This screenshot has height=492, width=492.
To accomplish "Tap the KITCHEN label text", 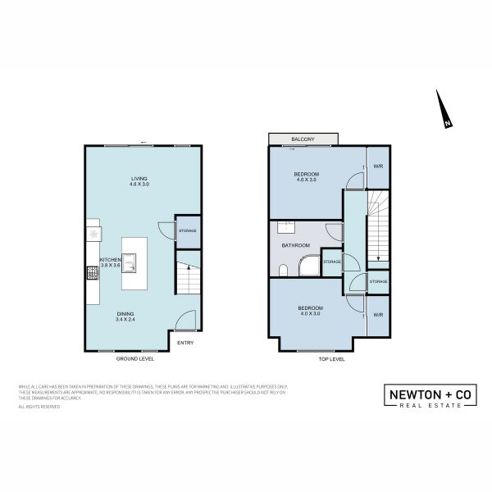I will pyautogui.click(x=110, y=260).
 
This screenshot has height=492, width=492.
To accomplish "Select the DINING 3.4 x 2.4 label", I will pyautogui.click(x=125, y=317).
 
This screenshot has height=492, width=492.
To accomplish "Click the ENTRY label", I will pyautogui.click(x=185, y=343).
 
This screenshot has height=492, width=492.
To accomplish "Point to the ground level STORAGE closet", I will pyautogui.click(x=188, y=232).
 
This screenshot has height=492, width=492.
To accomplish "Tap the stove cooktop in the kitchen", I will pyautogui.click(x=93, y=273).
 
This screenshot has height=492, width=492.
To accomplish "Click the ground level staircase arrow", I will pyautogui.click(x=186, y=268).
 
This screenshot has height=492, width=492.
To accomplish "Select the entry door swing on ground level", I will pyautogui.click(x=186, y=319).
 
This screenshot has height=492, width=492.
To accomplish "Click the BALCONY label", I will pyautogui.click(x=302, y=139).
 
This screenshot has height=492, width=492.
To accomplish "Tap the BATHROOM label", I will pyautogui.click(x=295, y=245).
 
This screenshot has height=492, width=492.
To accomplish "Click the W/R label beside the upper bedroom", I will pyautogui.click(x=377, y=167).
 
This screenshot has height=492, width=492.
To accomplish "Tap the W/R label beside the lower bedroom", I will pyautogui.click(x=377, y=315).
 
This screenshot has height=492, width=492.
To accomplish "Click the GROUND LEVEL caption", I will pyautogui.click(x=136, y=358).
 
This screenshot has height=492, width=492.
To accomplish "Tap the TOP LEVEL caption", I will pyautogui.click(x=330, y=358).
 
